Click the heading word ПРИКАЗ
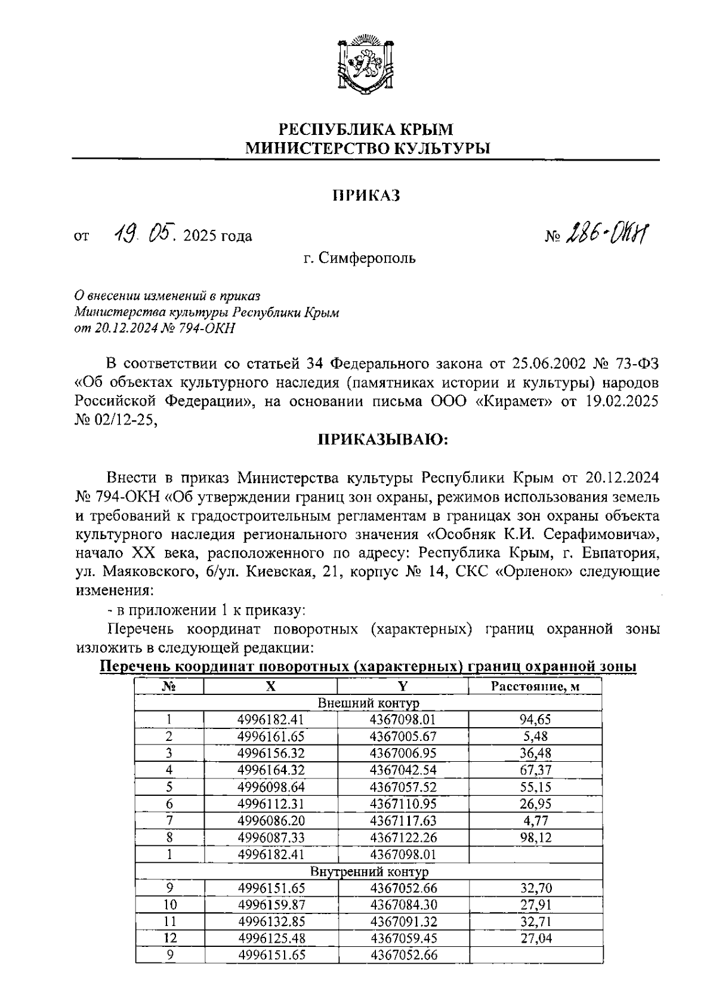[x=365, y=195]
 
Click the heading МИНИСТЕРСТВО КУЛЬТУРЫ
[x=368, y=148]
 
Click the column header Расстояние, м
[x=535, y=687]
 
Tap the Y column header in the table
[x=403, y=687]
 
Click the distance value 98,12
[x=535, y=838]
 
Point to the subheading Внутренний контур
[x=368, y=872]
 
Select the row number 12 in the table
[x=170, y=939]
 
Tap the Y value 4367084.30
[x=403, y=905]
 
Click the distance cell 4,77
[x=535, y=821]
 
